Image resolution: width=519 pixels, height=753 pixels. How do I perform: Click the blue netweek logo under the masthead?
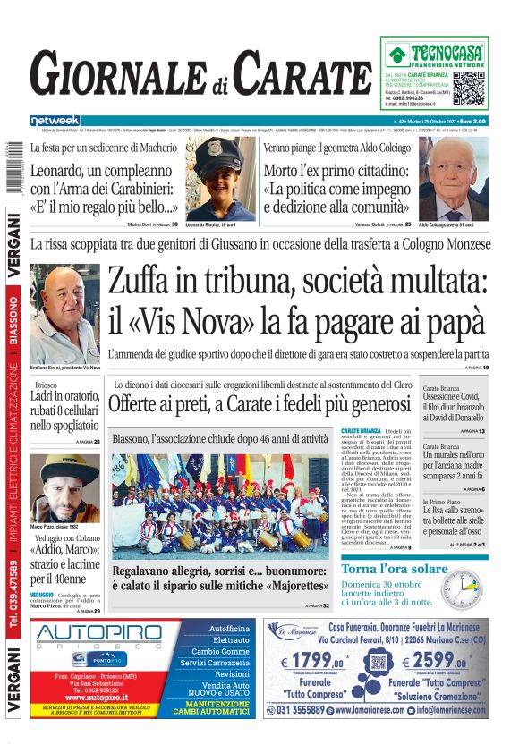55,121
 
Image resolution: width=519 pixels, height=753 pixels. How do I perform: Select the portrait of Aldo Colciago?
453,178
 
